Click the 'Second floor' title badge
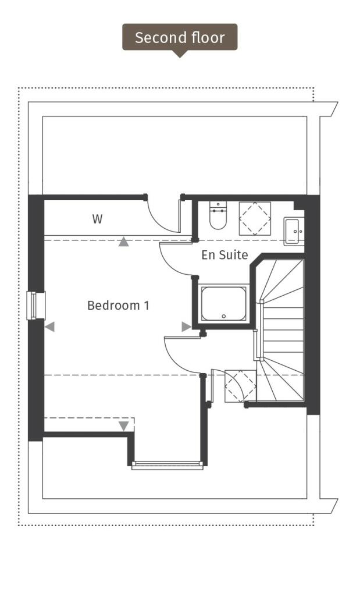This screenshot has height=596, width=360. (180, 38)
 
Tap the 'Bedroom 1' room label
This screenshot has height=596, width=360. (118, 305)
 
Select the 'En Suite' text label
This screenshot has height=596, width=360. (224, 254)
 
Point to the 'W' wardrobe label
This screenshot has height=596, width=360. (97, 219)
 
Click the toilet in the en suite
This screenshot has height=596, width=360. (218, 217)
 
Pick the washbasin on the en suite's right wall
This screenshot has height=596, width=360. (293, 230)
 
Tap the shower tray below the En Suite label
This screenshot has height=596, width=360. (223, 303)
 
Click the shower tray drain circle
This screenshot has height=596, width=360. (224, 317)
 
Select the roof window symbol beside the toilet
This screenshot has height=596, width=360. (255, 218)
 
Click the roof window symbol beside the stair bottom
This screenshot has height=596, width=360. (240, 385)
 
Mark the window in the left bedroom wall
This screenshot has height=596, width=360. (37, 306)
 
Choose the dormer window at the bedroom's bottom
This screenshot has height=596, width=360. (167, 464)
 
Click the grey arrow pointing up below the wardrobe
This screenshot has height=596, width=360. (123, 242)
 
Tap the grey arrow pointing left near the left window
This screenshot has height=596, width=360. (49, 327)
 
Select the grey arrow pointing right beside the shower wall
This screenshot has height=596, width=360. (186, 327)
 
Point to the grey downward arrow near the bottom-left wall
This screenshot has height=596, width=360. (123, 426)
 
